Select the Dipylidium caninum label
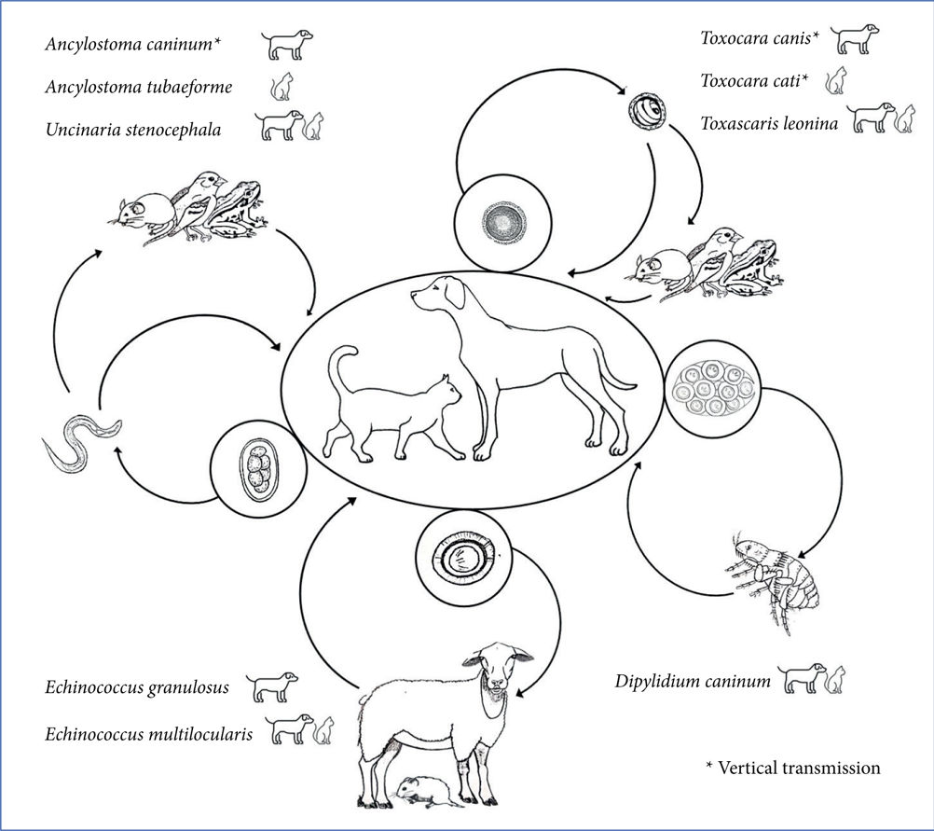point(693,681)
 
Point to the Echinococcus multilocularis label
point(149,734)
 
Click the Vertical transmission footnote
point(793,768)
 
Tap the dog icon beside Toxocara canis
point(855,39)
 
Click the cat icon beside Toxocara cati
point(836,80)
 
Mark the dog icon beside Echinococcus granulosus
point(271,687)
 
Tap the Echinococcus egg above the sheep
point(463,558)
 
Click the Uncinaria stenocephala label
point(133,130)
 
